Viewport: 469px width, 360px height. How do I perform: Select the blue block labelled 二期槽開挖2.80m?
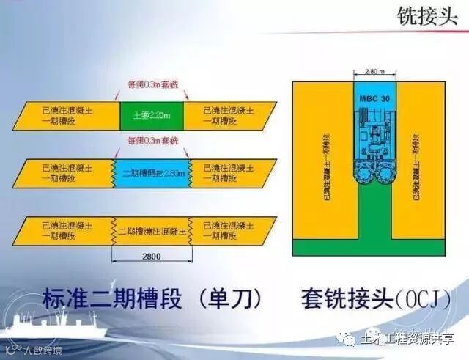[151, 174]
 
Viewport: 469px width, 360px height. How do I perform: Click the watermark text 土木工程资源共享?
[407, 339]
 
